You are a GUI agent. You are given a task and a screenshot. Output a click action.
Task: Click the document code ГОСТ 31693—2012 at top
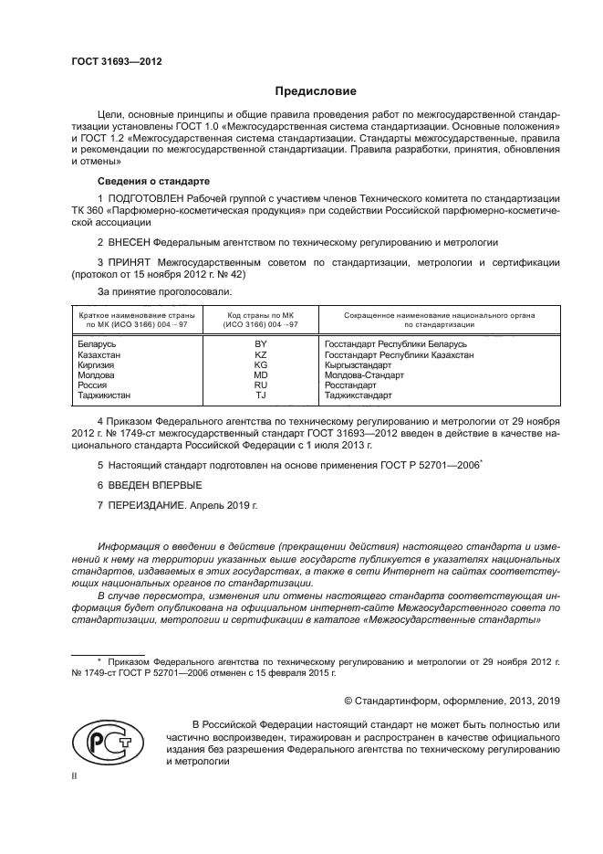117,61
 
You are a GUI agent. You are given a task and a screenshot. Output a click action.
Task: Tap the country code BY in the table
260,343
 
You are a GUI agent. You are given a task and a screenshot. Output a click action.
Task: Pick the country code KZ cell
260,353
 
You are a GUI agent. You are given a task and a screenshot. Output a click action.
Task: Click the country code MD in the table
260,374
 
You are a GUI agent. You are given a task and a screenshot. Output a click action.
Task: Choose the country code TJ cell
260,395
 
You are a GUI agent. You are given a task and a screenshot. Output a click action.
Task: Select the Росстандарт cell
350,385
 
